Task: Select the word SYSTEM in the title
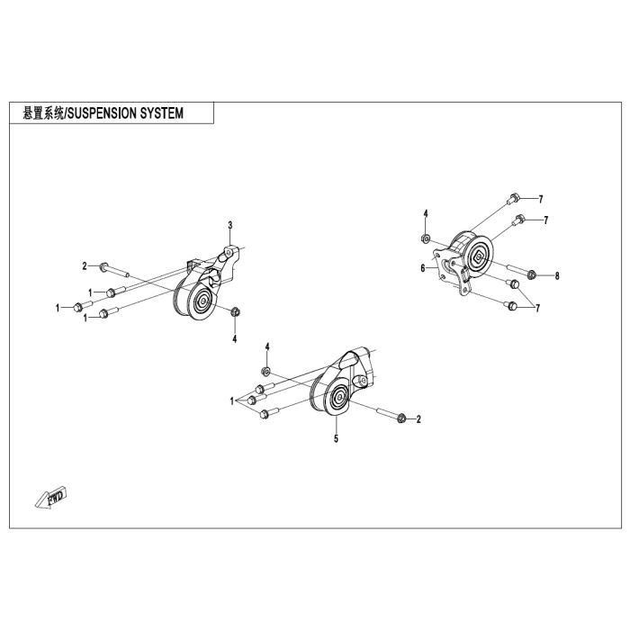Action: coord(161,113)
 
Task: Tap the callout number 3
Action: coord(230,225)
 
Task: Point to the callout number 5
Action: coord(336,438)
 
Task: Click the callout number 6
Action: coord(423,268)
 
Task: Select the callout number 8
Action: coord(557,276)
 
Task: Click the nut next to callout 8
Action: coord(531,274)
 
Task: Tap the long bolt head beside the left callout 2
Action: coord(104,266)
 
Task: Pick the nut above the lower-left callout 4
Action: coord(236,311)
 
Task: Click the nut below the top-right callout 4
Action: coord(425,239)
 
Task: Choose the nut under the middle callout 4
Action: coord(265,371)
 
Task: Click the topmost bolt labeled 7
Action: coord(513,199)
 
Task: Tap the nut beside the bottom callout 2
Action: coord(401,418)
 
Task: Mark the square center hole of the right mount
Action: coord(478,257)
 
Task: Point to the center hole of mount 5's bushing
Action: coord(339,397)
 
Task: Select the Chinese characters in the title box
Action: coord(43,113)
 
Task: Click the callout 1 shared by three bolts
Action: coord(232,401)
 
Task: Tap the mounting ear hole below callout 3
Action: coord(229,253)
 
